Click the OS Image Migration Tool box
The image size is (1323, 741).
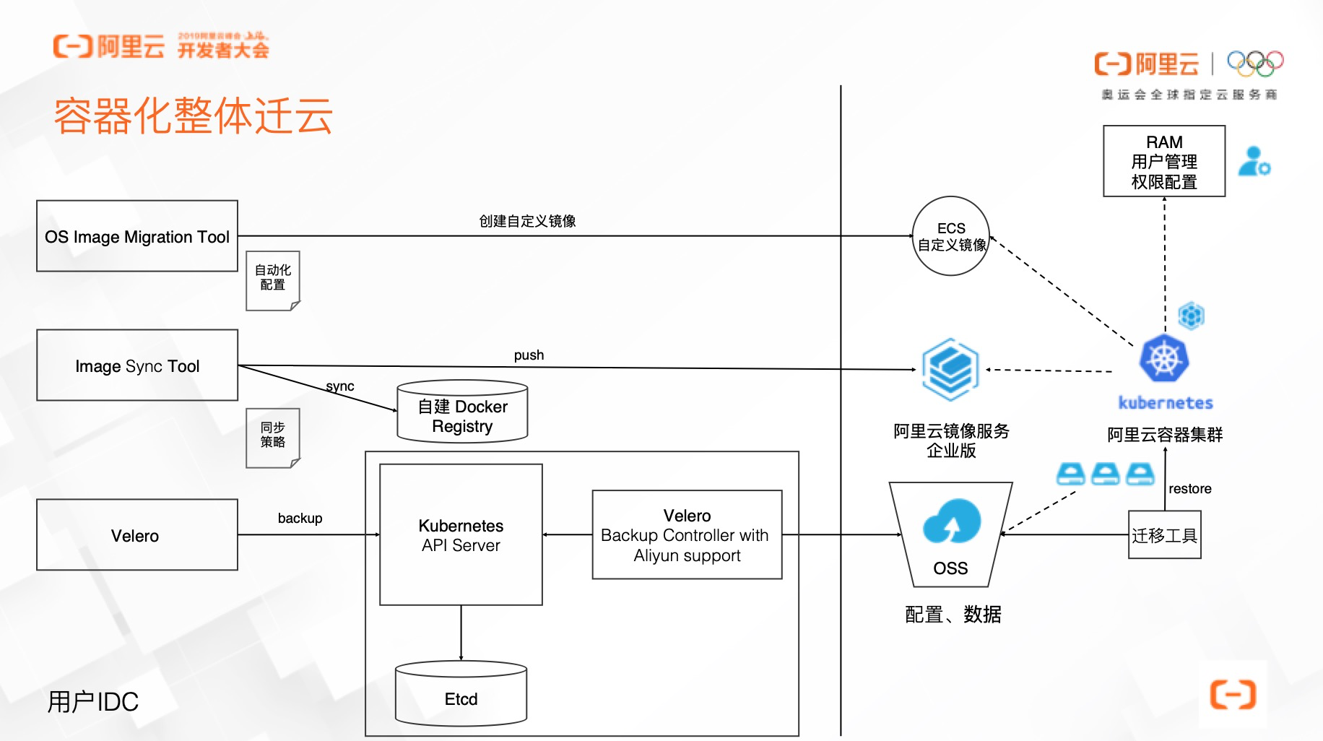pyautogui.click(x=137, y=236)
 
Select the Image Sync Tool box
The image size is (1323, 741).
pyautogui.click(x=137, y=365)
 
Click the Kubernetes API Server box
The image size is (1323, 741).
pyautogui.click(x=461, y=534)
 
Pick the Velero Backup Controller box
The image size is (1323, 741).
pyautogui.click(x=687, y=534)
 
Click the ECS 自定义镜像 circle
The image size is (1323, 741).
pyautogui.click(x=951, y=236)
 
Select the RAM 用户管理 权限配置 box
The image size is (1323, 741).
pyautogui.click(x=1164, y=161)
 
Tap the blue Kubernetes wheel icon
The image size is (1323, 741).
pyautogui.click(x=1164, y=358)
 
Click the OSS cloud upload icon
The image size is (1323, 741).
pyautogui.click(x=951, y=521)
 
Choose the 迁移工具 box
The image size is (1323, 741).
pyautogui.click(x=1164, y=535)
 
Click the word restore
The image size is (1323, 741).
pyautogui.click(x=1190, y=489)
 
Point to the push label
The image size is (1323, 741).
pyautogui.click(x=529, y=355)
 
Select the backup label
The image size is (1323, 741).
pyautogui.click(x=300, y=519)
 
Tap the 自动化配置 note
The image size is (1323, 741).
pyautogui.click(x=273, y=279)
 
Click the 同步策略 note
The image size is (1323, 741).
pyautogui.click(x=273, y=436)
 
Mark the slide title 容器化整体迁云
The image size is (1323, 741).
pyautogui.click(x=194, y=116)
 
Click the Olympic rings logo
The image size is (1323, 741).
pyautogui.click(x=1255, y=64)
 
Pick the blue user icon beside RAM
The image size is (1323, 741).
pyautogui.click(x=1254, y=161)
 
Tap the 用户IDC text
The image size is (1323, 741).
pyautogui.click(x=92, y=701)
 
